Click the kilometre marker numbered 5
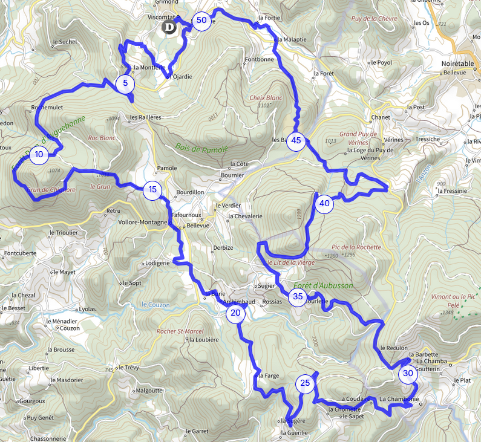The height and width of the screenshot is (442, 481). [125, 83]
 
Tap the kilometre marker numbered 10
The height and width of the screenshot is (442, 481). [39, 154]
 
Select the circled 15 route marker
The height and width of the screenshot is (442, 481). [152, 190]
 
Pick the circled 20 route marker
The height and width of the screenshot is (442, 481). [235, 313]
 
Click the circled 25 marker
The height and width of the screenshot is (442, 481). [305, 383]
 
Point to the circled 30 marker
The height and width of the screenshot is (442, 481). [408, 374]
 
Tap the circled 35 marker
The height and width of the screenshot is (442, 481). [297, 296]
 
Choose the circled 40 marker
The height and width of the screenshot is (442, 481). [324, 203]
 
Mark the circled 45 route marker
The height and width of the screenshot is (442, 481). [296, 141]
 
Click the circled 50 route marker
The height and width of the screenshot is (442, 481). [201, 21]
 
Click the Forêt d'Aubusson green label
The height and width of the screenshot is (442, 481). [322, 285]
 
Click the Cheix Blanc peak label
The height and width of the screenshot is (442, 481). [266, 97]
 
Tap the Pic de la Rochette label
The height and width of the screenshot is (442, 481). [356, 247]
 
